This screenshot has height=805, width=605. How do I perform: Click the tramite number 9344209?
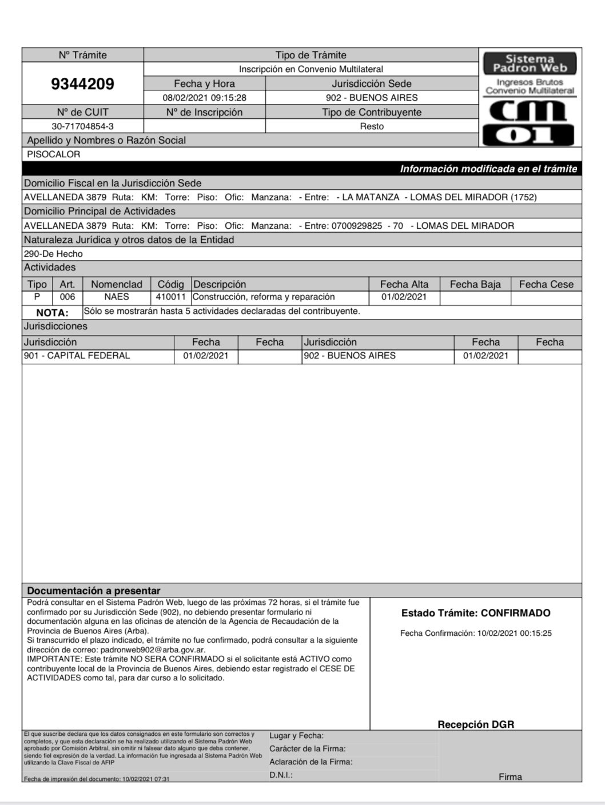click(82, 84)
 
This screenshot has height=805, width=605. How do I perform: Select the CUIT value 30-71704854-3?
click(82, 126)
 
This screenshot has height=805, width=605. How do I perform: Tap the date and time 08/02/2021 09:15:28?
click(204, 98)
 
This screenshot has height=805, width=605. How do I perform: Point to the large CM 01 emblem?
click(530, 122)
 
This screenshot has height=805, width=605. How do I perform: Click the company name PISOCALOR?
click(54, 154)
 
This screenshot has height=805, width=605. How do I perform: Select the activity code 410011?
click(170, 297)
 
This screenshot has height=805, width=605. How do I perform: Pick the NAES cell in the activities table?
click(117, 297)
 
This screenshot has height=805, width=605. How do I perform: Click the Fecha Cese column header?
click(546, 284)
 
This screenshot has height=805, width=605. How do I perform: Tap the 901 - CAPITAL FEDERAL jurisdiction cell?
click(77, 356)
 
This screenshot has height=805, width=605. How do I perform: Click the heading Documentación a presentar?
click(94, 591)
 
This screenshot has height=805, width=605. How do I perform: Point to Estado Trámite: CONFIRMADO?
click(476, 613)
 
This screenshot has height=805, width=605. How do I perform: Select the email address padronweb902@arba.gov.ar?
click(153, 650)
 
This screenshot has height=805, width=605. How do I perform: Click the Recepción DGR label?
click(476, 724)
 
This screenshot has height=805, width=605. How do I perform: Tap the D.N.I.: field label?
click(281, 775)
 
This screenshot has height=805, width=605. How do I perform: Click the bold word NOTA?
click(52, 313)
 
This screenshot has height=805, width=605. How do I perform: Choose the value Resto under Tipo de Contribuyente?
click(372, 126)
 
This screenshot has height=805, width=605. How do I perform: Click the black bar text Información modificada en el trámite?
click(488, 169)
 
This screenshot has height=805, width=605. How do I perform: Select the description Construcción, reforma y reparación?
click(264, 297)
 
